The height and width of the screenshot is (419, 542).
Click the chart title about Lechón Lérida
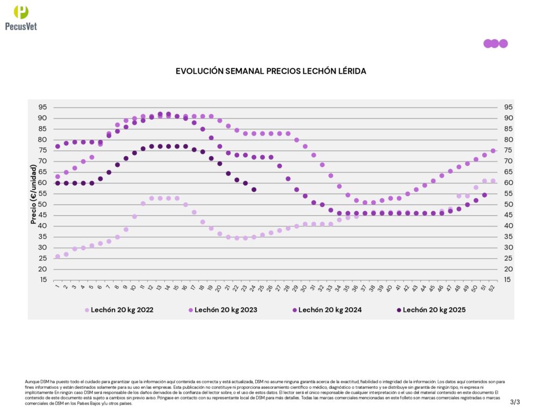[x=270, y=71]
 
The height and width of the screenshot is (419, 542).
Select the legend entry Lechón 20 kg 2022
[x=122, y=310]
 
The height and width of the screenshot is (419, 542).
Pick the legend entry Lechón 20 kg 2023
[x=226, y=310]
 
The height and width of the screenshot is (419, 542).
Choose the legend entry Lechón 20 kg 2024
[x=330, y=310]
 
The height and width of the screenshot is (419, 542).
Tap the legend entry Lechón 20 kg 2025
[x=434, y=310]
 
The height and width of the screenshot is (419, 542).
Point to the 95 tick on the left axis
[x=42, y=107]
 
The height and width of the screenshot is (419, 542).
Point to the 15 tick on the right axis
[x=504, y=280]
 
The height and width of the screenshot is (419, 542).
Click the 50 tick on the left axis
[x=42, y=204]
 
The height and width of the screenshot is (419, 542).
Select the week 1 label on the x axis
[x=57, y=288]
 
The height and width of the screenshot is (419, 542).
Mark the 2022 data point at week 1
[x=58, y=256]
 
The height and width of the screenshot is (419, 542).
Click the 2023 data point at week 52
[x=493, y=150]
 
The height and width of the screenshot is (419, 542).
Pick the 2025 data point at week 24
[x=254, y=189]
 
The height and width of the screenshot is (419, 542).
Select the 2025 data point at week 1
[x=58, y=183]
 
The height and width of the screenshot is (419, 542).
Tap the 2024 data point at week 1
[x=58, y=146]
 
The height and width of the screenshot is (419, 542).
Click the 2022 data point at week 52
[x=493, y=181]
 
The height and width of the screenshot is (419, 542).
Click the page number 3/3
[x=515, y=402]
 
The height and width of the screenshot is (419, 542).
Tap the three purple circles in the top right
[x=495, y=43]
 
